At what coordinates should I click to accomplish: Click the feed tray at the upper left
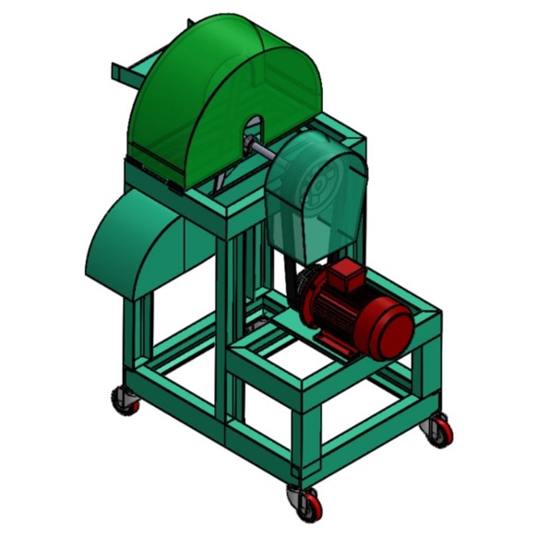pos(129,72)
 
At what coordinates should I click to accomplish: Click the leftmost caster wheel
pos(124,399)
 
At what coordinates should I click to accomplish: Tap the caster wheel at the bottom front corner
pos(305,502)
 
